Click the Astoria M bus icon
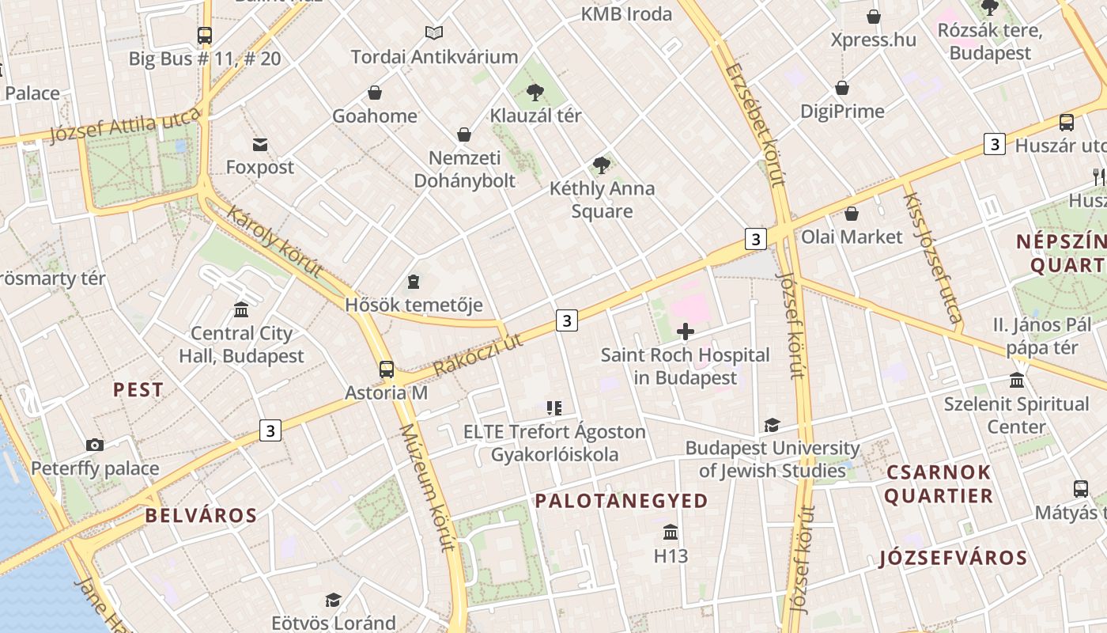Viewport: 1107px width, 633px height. pyautogui.click(x=387, y=370)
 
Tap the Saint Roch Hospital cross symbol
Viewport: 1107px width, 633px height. pyautogui.click(x=686, y=332)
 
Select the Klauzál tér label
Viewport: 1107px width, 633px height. pyautogui.click(x=535, y=116)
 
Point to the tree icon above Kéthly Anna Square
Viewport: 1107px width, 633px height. pyautogui.click(x=601, y=165)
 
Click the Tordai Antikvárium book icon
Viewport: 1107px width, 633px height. pyautogui.click(x=434, y=33)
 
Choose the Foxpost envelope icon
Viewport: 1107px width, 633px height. pyautogui.click(x=260, y=144)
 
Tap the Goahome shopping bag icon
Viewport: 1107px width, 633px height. pyautogui.click(x=375, y=93)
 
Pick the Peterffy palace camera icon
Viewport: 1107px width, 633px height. pyautogui.click(x=95, y=445)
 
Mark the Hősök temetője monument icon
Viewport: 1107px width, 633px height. pyautogui.click(x=413, y=282)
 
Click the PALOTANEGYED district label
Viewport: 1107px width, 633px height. pyautogui.click(x=622, y=501)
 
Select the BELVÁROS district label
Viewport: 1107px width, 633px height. pyautogui.click(x=201, y=516)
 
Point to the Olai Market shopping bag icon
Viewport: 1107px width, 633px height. pyautogui.click(x=852, y=214)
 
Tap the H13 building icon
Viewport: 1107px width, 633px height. pyautogui.click(x=671, y=532)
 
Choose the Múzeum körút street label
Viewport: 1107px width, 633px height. pyautogui.click(x=428, y=487)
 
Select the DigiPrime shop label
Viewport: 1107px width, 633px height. pyautogui.click(x=842, y=112)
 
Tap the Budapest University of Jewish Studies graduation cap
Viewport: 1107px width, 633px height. pyautogui.click(x=772, y=426)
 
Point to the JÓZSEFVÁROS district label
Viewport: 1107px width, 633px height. pyautogui.click(x=953, y=559)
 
